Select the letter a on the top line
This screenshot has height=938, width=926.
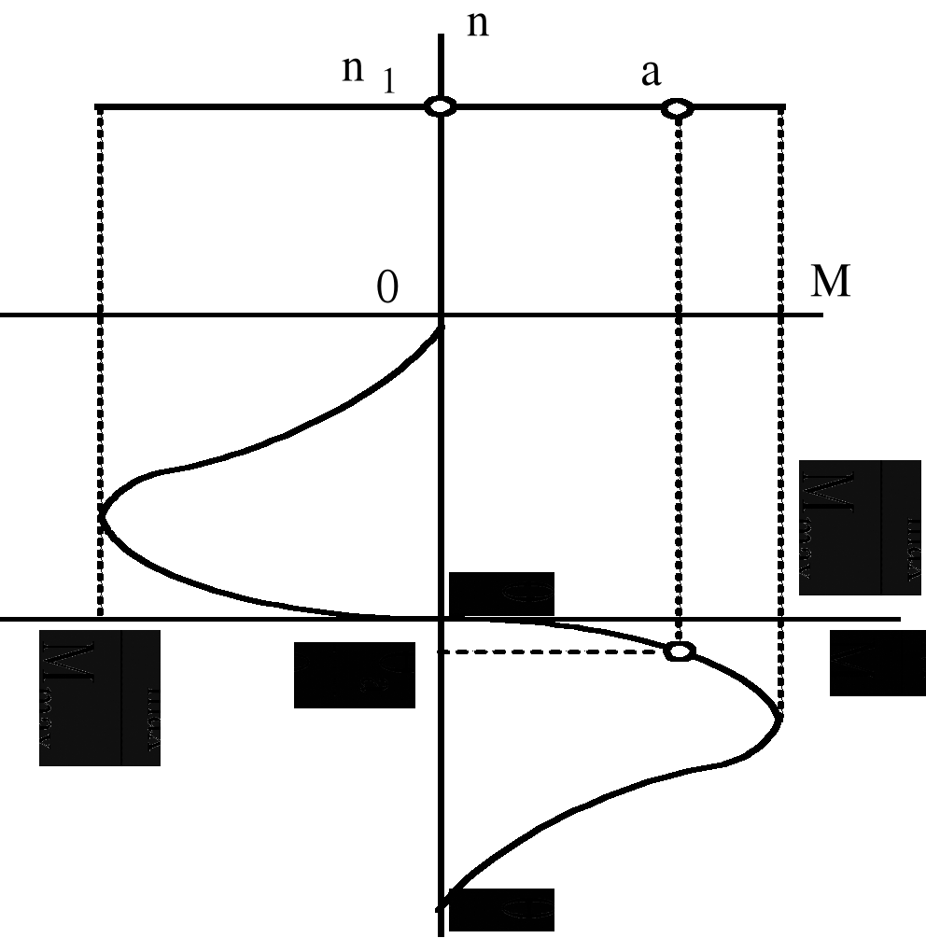pos(651,74)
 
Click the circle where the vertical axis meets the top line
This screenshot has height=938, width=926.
pos(441,106)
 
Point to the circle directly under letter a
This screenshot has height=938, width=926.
pos(678,109)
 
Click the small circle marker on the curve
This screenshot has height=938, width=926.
pos(680,651)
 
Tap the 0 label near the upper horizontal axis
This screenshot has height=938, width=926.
pos(386,289)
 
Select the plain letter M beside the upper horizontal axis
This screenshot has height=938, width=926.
pos(830,282)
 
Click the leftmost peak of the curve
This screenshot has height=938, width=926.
pos(102,516)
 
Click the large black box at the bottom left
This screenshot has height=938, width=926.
pos(99,697)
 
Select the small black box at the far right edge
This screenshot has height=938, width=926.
pos(877,663)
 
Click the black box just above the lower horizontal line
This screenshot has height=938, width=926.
pos(501,594)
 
